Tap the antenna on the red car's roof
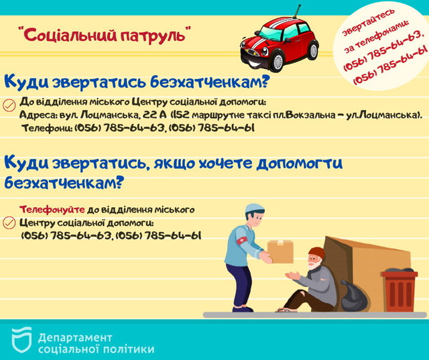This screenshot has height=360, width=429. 296,11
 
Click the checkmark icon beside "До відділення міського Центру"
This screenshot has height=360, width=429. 9,105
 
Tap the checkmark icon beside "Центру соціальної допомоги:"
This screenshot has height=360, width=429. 9,223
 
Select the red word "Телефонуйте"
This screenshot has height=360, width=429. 52,210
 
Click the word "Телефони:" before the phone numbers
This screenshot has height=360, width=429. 47,128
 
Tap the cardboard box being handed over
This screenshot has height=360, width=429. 280,251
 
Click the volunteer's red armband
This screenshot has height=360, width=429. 242,241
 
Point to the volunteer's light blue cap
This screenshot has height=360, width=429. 254,209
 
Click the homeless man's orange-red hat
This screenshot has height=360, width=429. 317,253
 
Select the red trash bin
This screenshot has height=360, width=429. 400,291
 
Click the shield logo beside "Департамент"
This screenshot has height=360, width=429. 21,340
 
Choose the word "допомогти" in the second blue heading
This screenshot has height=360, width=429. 300,164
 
